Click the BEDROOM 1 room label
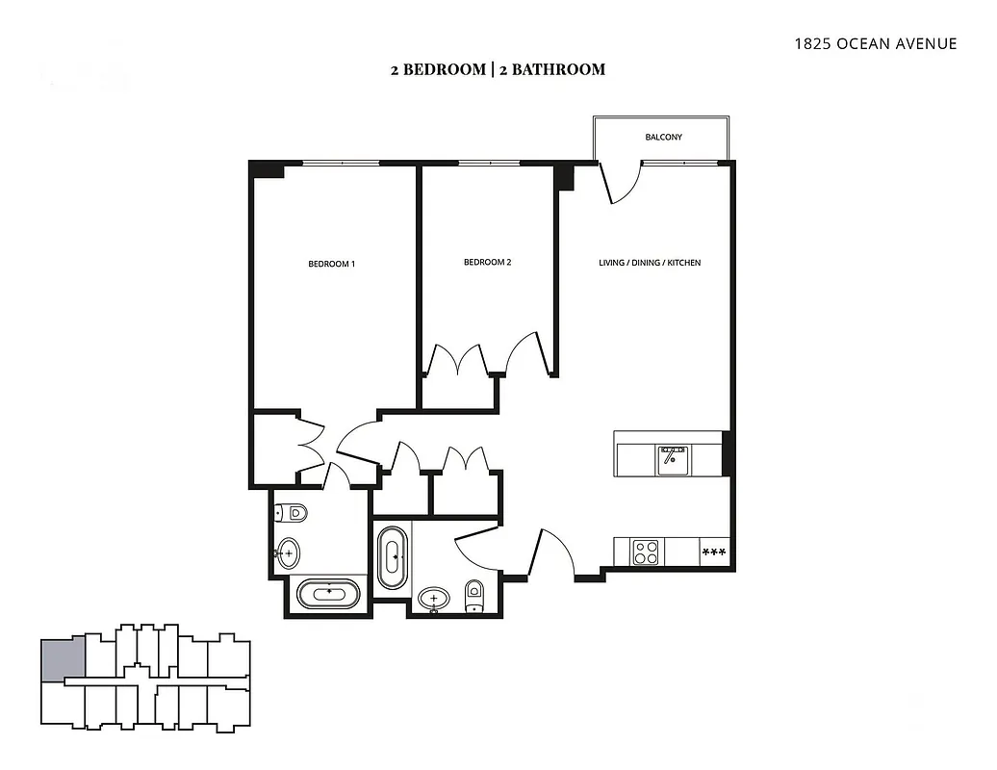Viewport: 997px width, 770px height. pyautogui.click(x=332, y=264)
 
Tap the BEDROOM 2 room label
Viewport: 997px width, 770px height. pyautogui.click(x=487, y=262)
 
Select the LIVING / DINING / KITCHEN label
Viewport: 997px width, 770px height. pyautogui.click(x=650, y=262)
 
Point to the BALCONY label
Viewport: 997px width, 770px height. pyautogui.click(x=663, y=138)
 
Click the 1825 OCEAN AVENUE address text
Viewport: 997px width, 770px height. pyautogui.click(x=875, y=43)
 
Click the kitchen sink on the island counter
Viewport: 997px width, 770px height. pyautogui.click(x=673, y=459)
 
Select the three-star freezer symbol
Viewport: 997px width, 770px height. pyautogui.click(x=713, y=552)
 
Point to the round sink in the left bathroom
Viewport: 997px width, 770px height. pyautogui.click(x=287, y=552)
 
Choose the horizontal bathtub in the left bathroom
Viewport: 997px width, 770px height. pyautogui.click(x=329, y=593)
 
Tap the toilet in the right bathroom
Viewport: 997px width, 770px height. pyautogui.click(x=474, y=596)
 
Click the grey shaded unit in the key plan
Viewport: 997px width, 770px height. pyautogui.click(x=63, y=660)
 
